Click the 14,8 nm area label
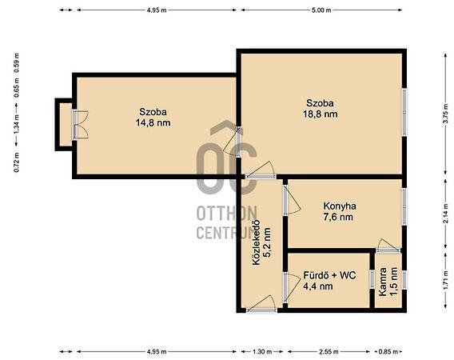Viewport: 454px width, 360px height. pos(153,123)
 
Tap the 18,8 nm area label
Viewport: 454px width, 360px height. pos(321,114)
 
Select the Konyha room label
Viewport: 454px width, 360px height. pos(340,206)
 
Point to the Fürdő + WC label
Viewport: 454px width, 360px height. pos(329,275)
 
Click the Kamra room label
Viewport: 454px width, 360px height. pos(383,282)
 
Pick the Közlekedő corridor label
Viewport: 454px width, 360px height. pos(257,243)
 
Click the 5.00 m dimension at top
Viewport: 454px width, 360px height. pos(321,10)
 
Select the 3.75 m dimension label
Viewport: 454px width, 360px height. pos(447,114)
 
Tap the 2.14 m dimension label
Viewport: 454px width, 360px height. pos(447,214)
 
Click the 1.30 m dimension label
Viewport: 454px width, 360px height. pos(262,352)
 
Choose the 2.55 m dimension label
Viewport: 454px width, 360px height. pos(329,352)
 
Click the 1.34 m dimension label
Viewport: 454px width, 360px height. pos(17,124)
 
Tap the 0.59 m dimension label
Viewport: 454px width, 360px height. pos(17,63)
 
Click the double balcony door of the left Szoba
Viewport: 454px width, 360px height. pos(80,124)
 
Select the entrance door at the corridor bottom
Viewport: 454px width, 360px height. pos(261,304)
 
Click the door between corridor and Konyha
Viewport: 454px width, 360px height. pos(292,200)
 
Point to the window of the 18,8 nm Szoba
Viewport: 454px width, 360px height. pos(404,112)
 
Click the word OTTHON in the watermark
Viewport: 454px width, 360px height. pos(227,214)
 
